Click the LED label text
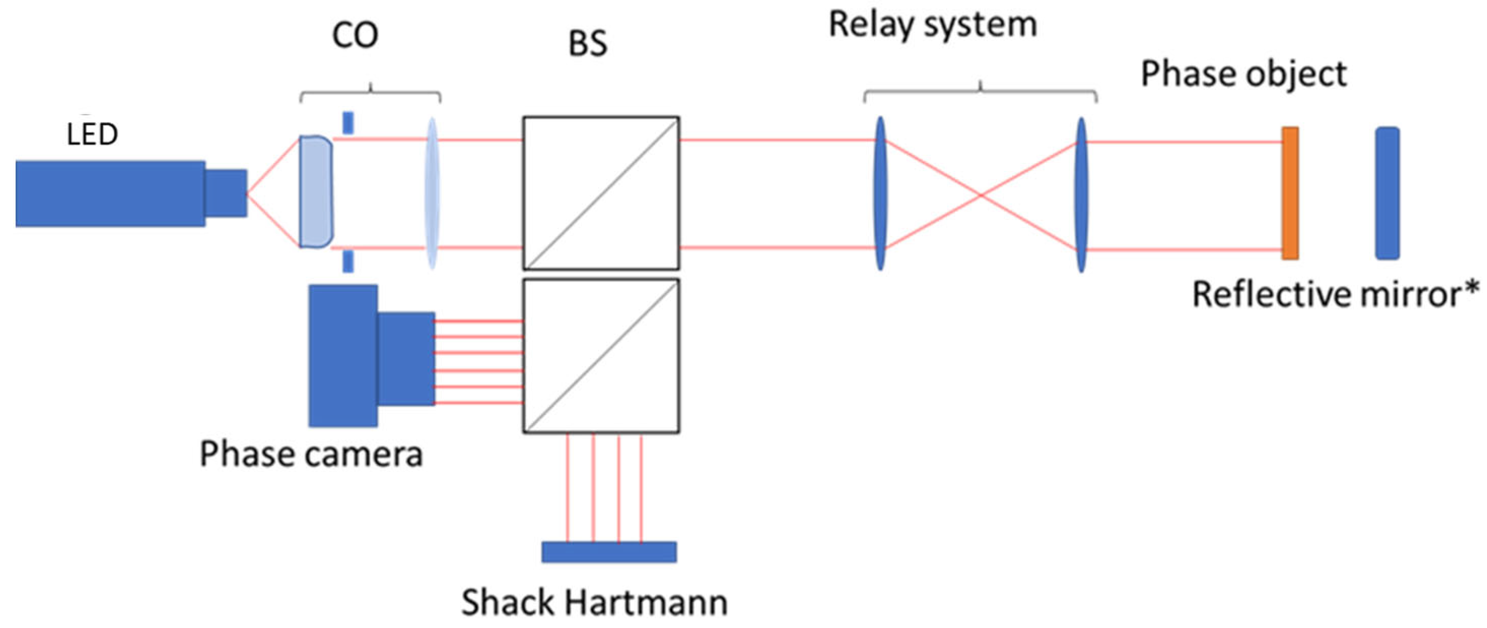[x=92, y=134]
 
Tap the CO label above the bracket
[x=355, y=36]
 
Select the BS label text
[x=587, y=44]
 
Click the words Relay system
[x=933, y=25]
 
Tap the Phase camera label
[x=311, y=455]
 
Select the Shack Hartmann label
[x=594, y=603]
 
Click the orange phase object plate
[x=1290, y=193]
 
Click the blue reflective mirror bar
[x=1387, y=193]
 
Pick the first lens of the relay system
[x=880, y=193]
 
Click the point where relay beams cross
[x=980, y=196]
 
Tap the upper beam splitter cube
[x=601, y=193]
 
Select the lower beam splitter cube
[x=601, y=356]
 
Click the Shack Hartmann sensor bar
[x=609, y=552]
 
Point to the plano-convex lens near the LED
[x=315, y=192]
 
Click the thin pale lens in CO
[x=432, y=193]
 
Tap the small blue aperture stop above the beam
[x=348, y=123]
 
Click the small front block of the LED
[x=226, y=193]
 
